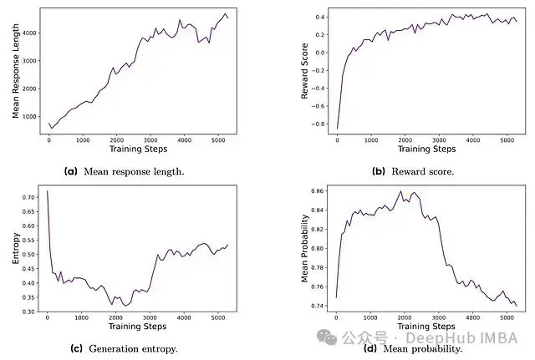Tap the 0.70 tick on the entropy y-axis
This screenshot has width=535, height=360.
28,197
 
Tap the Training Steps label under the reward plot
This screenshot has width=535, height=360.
426,149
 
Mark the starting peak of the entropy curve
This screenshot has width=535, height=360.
47,191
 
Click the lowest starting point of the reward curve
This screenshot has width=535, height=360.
337,129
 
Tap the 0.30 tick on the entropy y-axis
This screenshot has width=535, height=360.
28,312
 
